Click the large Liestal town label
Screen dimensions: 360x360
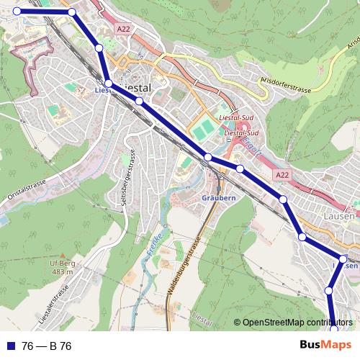135,86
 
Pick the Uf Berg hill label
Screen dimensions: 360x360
63,264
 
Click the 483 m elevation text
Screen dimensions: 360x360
63,272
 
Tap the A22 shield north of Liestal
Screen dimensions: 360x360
124,28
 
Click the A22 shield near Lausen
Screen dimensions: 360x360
282,175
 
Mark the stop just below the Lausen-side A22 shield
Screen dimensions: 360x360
284,199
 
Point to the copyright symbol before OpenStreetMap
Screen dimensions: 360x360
238,323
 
